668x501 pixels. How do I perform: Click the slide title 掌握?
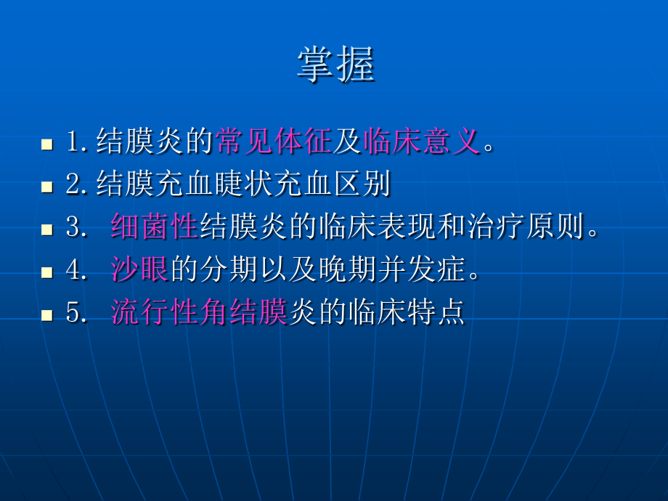click(335, 65)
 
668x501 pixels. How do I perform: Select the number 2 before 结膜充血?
click(72, 185)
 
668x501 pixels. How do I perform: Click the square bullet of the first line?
click(47, 144)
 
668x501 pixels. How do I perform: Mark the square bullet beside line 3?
click(47, 229)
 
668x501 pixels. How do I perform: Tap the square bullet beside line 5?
click(47, 315)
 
